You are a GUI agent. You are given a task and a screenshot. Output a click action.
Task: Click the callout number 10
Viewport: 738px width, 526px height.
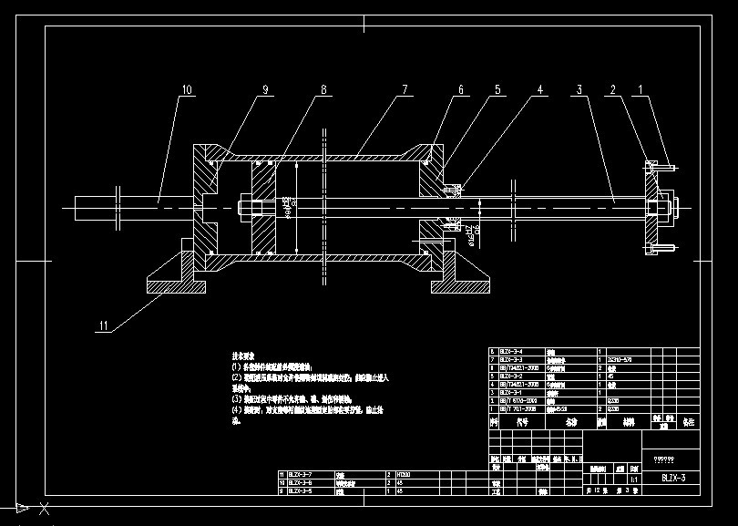(x=187, y=90)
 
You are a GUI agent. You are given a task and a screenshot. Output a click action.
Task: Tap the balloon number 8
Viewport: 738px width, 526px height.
(x=323, y=90)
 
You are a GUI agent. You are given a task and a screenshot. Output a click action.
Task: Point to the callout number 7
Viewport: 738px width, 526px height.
(x=404, y=90)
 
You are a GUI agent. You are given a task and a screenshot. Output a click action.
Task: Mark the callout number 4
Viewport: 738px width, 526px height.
(x=540, y=90)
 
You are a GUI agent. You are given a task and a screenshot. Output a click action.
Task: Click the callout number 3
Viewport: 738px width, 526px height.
(x=579, y=90)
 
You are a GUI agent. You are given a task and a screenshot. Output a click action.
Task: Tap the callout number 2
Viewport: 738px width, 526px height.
(x=613, y=90)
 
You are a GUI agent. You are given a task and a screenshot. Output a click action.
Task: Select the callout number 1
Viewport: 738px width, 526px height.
(x=641, y=90)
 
